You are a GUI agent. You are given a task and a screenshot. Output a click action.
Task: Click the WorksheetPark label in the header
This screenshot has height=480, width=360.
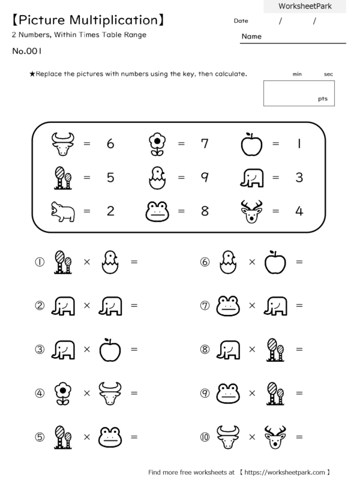(304, 6)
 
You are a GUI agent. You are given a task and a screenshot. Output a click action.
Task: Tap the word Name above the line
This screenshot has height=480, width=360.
(251, 37)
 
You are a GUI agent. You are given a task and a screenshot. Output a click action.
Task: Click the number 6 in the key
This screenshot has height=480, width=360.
(110, 144)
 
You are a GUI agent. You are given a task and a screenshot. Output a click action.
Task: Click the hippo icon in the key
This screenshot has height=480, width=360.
(62, 212)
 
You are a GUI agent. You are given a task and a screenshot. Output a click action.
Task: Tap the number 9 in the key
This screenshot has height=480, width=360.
(205, 178)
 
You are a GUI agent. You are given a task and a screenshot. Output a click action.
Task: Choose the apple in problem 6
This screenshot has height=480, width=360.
(275, 262)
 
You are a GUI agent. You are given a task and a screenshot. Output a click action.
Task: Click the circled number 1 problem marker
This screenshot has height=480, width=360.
(40, 262)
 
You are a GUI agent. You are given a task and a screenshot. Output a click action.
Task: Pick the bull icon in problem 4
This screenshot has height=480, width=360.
(110, 393)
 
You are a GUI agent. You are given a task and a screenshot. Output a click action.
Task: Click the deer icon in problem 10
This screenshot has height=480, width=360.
(275, 437)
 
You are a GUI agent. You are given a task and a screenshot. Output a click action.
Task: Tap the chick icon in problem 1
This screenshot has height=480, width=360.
(110, 262)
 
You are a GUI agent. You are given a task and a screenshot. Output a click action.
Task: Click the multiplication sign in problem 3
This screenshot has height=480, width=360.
(87, 349)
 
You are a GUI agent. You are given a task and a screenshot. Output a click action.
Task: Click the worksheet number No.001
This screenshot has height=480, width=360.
(26, 51)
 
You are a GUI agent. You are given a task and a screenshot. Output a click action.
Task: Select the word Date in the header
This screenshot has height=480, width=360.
(241, 21)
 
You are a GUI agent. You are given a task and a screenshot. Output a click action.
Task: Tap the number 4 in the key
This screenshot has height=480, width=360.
(298, 211)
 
